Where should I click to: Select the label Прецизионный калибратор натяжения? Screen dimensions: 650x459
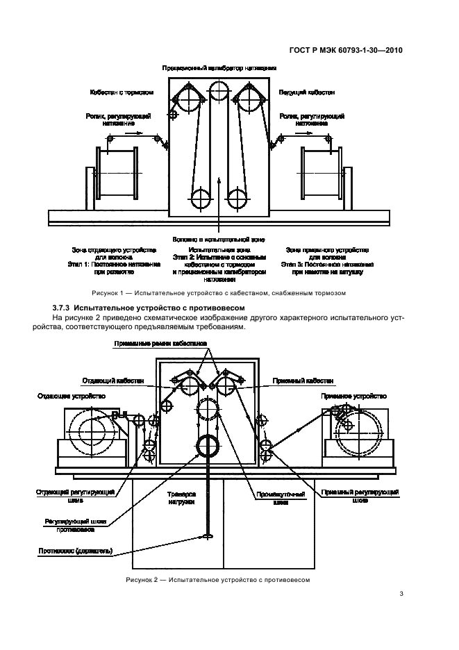click(219, 69)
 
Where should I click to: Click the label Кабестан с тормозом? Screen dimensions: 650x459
click(121, 92)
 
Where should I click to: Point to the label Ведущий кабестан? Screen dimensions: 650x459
click(307, 92)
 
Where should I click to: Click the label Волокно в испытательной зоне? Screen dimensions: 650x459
click(219, 238)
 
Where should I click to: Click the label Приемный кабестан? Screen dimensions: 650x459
click(308, 381)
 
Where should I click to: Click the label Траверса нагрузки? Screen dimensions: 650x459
click(182, 499)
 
